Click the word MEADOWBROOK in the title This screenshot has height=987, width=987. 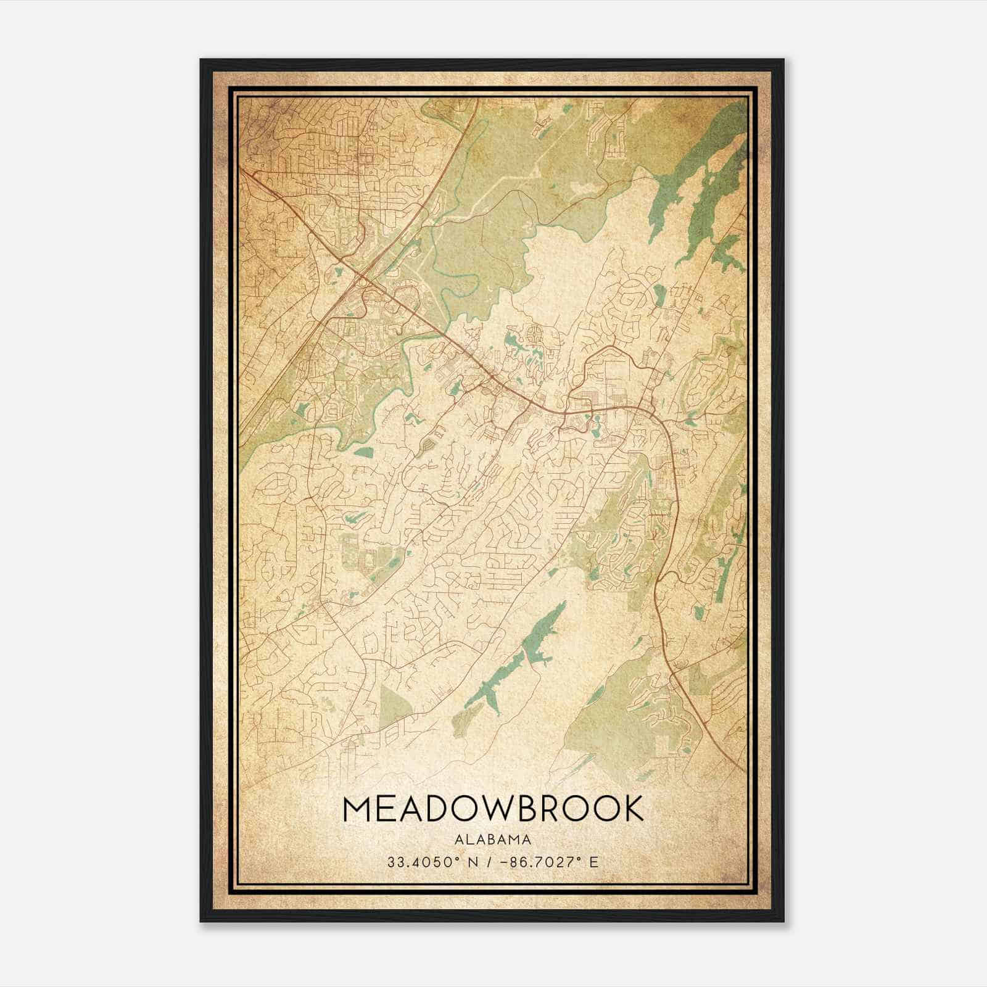click(493, 809)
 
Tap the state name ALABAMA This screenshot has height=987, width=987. click(493, 839)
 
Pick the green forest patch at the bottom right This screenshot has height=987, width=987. click(617, 728)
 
